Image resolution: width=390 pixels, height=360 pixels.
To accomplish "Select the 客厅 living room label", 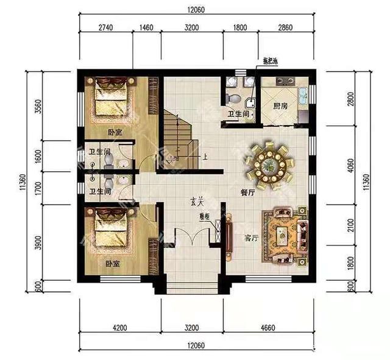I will (x=252, y=239).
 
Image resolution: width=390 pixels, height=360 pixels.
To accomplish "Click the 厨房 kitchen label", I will (x=280, y=106).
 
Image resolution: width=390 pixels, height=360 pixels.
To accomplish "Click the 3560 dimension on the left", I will (x=38, y=106).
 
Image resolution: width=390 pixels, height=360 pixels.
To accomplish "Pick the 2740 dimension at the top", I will (x=105, y=28).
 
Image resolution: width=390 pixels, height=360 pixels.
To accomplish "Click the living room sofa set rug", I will (x=284, y=235).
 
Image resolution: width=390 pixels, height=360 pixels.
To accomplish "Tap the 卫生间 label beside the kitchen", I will (x=238, y=114).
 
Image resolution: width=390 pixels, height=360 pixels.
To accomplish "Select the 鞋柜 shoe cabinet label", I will (x=204, y=216).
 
